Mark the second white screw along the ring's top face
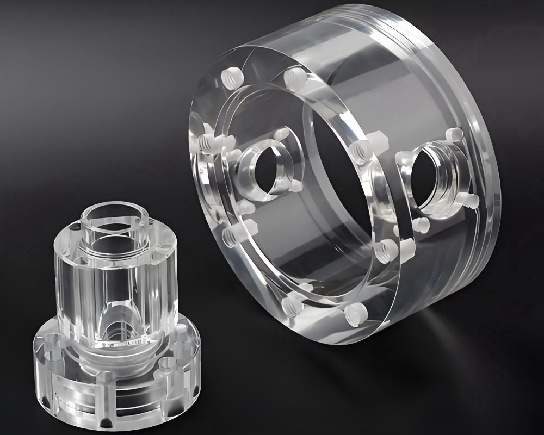[x=294, y=76]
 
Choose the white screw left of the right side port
[x=403, y=157]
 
